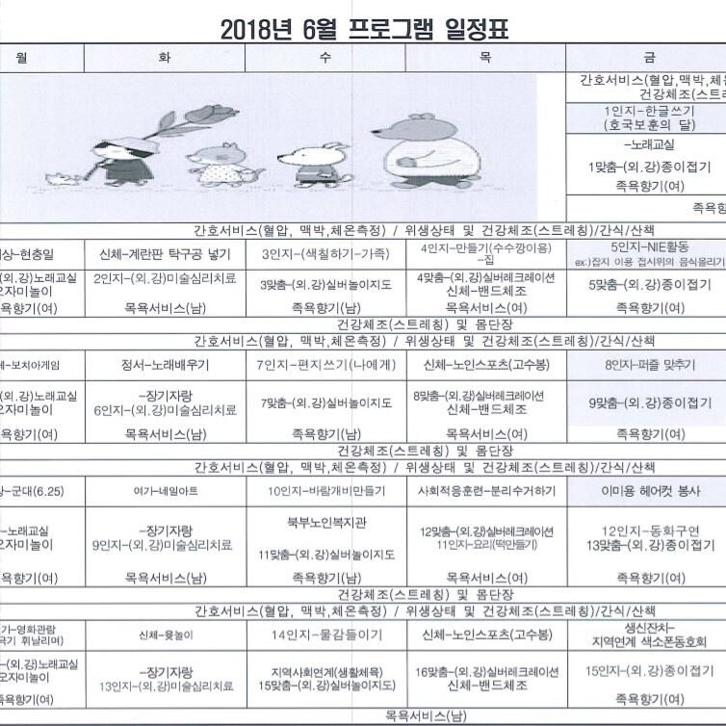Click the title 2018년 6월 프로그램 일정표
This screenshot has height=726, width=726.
(364, 29)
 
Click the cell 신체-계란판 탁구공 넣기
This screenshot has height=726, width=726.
(164, 254)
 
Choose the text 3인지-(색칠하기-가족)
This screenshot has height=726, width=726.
(324, 254)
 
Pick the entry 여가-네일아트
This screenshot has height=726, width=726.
(164, 491)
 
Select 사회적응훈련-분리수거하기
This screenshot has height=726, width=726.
(485, 491)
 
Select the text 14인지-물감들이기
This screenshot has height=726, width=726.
(325, 635)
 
